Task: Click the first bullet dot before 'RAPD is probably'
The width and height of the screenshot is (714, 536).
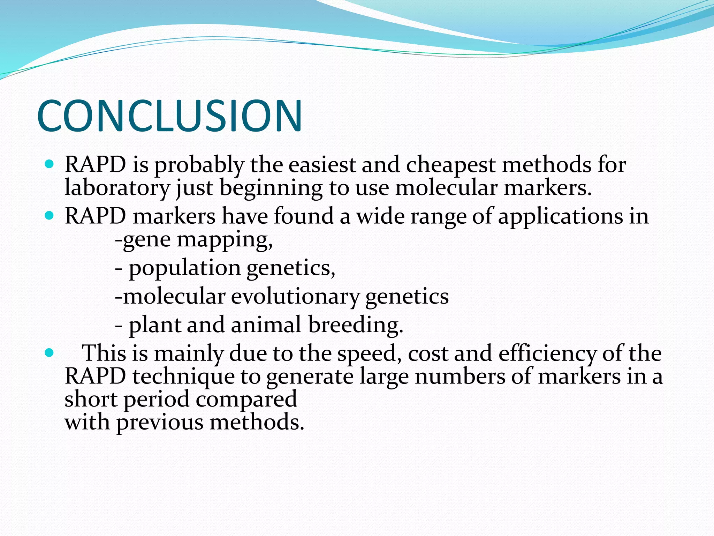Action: click(x=50, y=164)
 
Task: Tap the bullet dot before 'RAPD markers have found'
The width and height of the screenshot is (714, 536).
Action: click(x=50, y=216)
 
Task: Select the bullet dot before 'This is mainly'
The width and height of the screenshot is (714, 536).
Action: click(x=50, y=353)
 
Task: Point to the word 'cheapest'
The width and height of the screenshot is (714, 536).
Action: click(x=450, y=165)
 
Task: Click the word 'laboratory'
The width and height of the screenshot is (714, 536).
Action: click(x=117, y=188)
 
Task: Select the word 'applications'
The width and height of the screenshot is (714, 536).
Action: click(x=560, y=216)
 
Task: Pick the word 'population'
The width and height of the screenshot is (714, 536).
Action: click(x=184, y=269)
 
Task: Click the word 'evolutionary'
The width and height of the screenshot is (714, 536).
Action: click(x=295, y=297)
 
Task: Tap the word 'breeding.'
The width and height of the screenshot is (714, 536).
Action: click(x=355, y=325)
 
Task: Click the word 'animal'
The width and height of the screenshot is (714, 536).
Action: click(x=266, y=325)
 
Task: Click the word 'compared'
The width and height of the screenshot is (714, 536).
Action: click(x=246, y=400)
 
